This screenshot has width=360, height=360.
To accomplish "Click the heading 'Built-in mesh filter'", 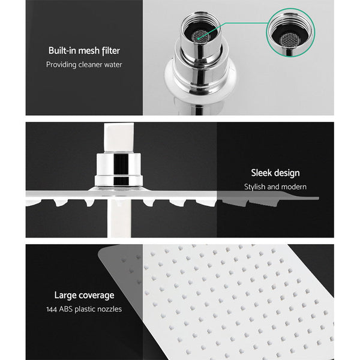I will click(83, 50).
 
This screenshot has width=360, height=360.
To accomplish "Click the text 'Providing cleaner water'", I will click(83, 64).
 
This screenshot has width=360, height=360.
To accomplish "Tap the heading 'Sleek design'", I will click(275, 173).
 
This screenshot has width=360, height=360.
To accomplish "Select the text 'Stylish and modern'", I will click(275, 187).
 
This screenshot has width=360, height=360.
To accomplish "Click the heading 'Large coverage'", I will click(84, 295).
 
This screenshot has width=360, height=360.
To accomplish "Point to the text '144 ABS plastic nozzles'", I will click(84, 309).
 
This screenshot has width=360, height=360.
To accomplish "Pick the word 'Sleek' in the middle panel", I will click(262, 173).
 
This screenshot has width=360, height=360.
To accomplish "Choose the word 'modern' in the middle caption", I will click(293, 187).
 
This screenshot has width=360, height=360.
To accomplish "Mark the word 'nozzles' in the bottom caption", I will click(109, 309).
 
